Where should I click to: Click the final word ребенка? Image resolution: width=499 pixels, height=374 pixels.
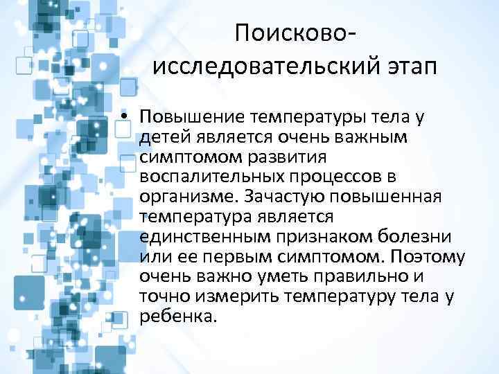coord(178,317)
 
